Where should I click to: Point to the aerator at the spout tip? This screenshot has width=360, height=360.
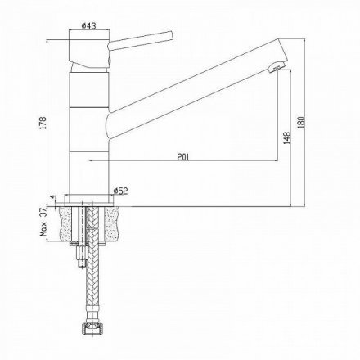276,68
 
